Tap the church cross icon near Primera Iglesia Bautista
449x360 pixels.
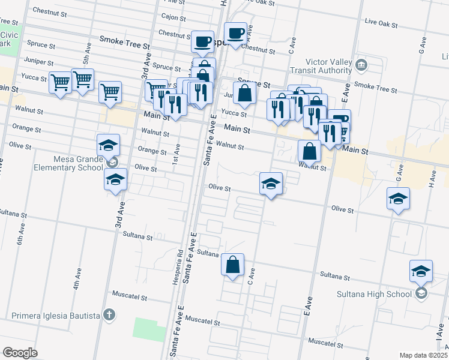108,314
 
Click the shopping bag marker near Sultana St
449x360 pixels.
232,265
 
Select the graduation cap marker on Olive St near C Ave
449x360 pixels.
271,184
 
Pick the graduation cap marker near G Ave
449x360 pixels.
398,199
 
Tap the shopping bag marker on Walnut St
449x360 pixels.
309,151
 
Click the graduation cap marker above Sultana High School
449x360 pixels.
421,271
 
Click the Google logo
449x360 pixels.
20,352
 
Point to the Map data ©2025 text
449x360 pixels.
423,355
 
